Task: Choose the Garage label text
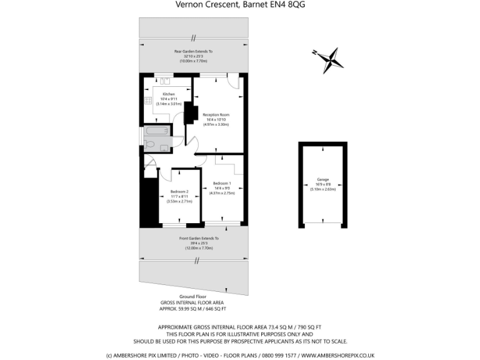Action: point(322,179)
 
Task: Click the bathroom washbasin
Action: point(164,148)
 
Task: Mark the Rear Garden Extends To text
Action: point(194,51)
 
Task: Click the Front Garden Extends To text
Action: point(199,238)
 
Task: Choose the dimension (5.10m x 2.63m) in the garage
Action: point(322,189)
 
